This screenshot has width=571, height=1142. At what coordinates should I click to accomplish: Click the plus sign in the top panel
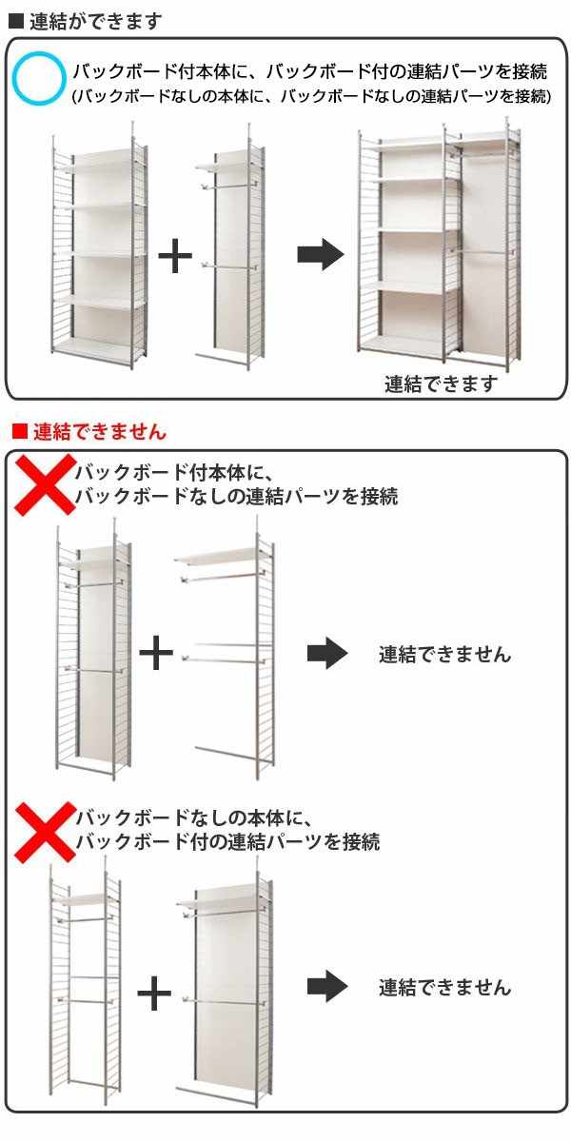(175, 257)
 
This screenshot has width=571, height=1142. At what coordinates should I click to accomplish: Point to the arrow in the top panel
(320, 254)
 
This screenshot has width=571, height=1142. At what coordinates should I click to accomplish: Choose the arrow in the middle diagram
(327, 654)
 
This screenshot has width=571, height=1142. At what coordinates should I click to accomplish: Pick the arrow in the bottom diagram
(327, 986)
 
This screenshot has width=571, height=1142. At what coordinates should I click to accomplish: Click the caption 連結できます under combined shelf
(442, 384)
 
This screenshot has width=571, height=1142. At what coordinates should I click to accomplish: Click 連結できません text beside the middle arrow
(444, 655)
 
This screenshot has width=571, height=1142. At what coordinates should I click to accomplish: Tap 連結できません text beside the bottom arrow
(444, 987)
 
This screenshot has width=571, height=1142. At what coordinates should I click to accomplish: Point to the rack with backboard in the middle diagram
(93, 652)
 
